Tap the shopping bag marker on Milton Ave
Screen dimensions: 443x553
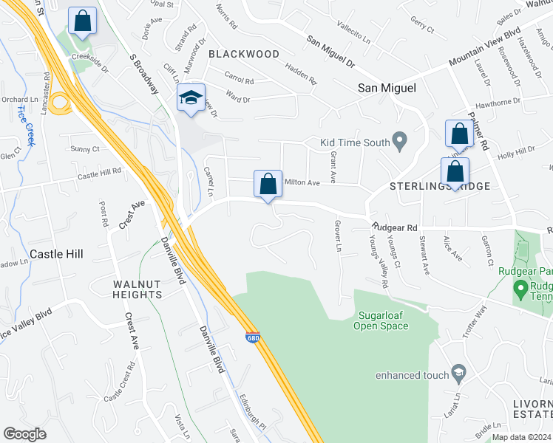coord(268,184)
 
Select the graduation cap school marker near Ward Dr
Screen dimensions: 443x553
coord(190,99)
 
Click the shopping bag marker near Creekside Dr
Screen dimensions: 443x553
coord(82,21)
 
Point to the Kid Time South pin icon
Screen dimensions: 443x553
coord(400,139)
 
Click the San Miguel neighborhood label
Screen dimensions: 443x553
coord(387,88)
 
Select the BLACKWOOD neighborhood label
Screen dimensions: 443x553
coord(244,54)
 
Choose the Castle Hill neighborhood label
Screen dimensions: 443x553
coord(56,253)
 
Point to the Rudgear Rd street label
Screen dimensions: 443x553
coord(395,227)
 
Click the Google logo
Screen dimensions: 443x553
coord(24,434)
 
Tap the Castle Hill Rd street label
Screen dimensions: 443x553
coord(99,174)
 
